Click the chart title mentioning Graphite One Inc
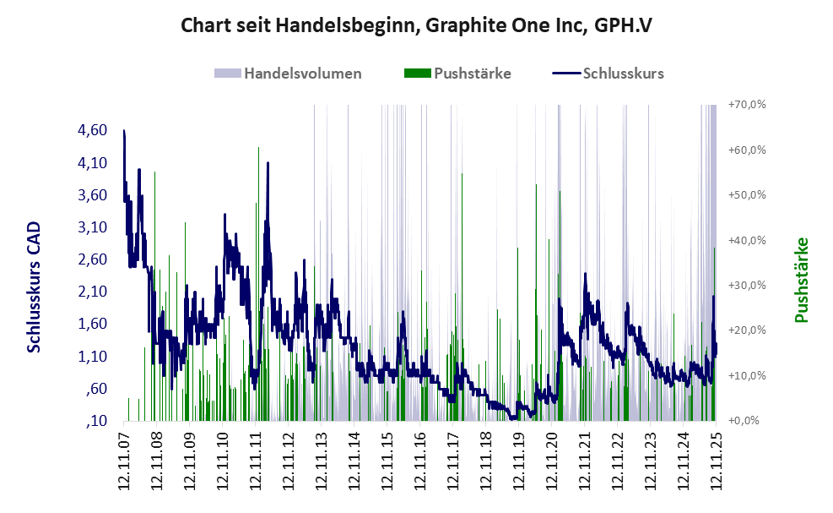click(416, 26)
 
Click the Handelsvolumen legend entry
click(302, 74)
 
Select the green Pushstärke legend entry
click(471, 74)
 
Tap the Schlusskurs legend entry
click(622, 74)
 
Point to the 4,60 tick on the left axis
click(91, 130)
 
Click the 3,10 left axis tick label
click(91, 227)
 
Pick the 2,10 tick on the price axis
click(91, 292)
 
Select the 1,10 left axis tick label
click(91, 357)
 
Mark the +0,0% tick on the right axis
click(749, 420)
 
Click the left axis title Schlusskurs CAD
click(35, 287)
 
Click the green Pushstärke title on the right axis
click(801, 280)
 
